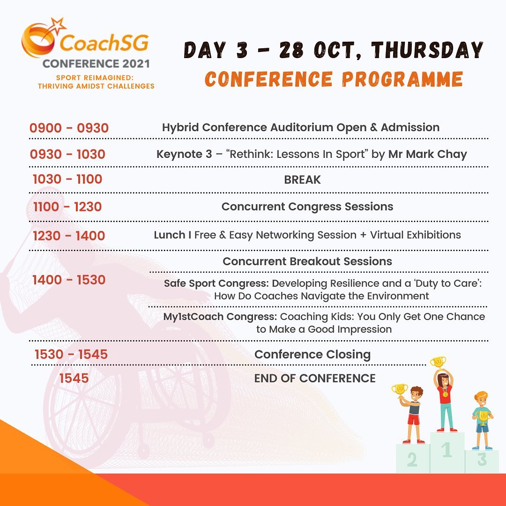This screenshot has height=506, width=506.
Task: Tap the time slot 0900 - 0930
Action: click(69, 128)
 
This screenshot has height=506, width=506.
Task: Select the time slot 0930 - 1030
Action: click(67, 154)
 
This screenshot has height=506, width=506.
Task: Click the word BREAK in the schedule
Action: click(302, 179)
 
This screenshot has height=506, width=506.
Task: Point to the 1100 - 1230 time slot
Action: click(67, 207)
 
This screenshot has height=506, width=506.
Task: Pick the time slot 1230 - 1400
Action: click(69, 235)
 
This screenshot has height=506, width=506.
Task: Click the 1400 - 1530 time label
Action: click(69, 280)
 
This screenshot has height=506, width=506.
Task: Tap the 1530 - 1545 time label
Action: click(71, 354)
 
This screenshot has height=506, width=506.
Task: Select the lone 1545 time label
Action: click(74, 378)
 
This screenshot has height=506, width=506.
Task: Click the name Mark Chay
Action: click(427, 154)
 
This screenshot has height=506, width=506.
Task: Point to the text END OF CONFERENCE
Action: click(315, 378)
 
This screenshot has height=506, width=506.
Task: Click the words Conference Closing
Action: click(313, 355)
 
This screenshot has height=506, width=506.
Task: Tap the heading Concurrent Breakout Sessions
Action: click(307, 261)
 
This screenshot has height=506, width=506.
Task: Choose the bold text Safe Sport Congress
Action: click(216, 283)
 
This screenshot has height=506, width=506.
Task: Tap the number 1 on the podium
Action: click(447, 450)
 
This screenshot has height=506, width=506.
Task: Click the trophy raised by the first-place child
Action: click(439, 362)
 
